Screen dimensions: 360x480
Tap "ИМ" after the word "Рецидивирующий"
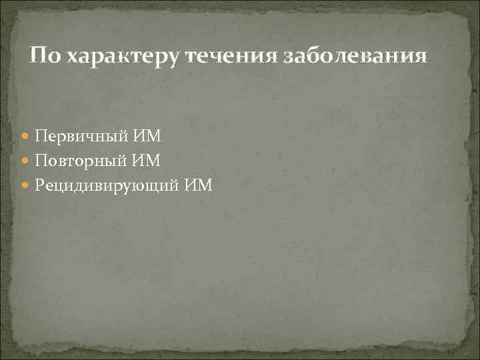pyautogui.click(x=199, y=185)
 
